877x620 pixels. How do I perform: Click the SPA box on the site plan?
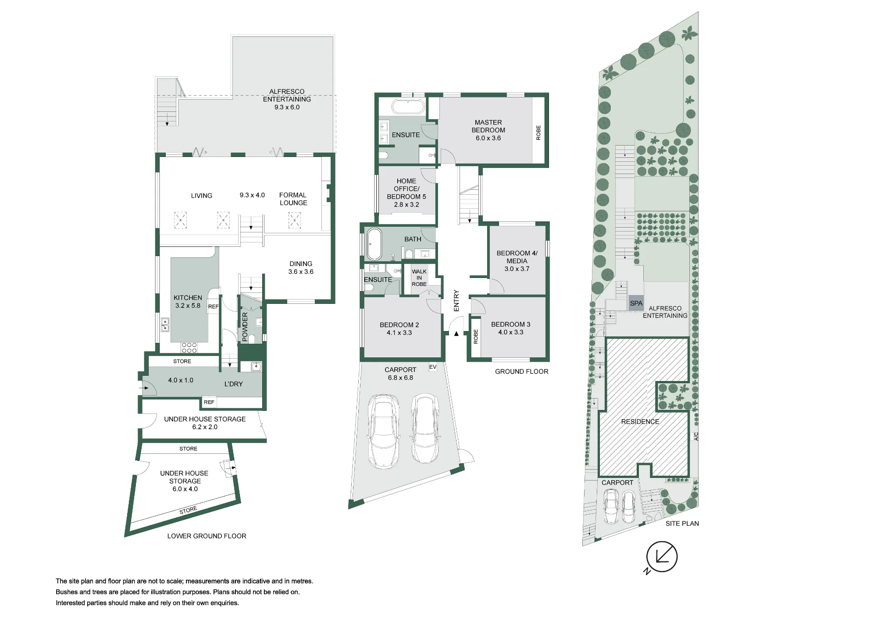(x=636, y=303)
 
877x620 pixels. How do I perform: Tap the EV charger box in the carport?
(x=433, y=367)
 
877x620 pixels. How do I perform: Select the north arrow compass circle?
(x=662, y=557)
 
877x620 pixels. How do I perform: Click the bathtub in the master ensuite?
(x=408, y=107)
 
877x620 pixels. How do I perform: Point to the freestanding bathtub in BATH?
(x=374, y=244)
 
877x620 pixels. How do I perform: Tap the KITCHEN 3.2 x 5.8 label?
(x=188, y=302)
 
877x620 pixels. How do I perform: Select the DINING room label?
(x=301, y=267)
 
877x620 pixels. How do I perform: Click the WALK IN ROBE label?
(x=419, y=278)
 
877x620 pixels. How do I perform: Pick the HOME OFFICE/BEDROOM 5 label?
(x=406, y=192)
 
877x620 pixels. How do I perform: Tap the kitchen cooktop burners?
(x=189, y=347)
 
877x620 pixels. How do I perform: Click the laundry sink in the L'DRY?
(x=256, y=367)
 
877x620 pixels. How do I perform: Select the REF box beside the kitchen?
(x=213, y=306)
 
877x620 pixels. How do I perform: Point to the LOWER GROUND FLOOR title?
(x=207, y=536)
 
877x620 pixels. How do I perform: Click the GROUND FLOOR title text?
(x=521, y=371)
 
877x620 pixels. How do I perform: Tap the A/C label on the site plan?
(x=696, y=436)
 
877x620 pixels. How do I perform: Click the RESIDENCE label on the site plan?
(x=640, y=421)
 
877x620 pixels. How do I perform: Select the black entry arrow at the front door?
(x=456, y=334)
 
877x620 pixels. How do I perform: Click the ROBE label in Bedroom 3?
(x=476, y=337)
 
